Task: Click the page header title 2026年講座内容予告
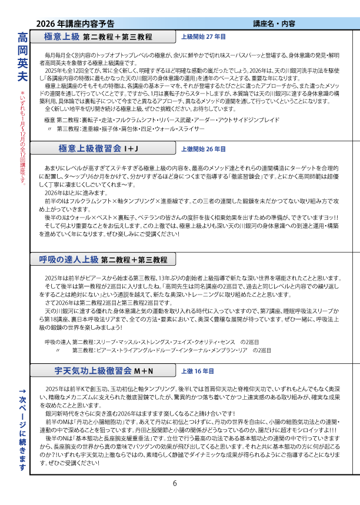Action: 75,24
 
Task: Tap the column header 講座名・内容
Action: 274,24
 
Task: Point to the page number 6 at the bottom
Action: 175,484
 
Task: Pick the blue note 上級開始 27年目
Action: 204,36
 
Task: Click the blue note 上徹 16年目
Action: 198,371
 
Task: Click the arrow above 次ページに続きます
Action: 22,392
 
